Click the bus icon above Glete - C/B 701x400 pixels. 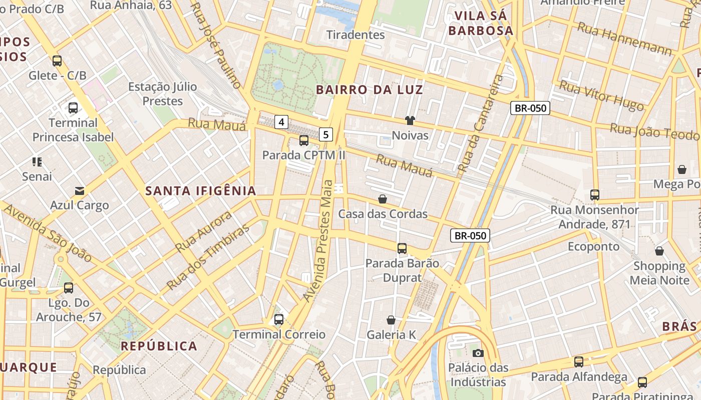click(x=57, y=61)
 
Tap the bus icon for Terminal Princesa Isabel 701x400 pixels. click(x=73, y=107)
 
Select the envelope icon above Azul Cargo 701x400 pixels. click(x=79, y=190)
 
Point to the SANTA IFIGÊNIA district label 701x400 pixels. click(x=201, y=190)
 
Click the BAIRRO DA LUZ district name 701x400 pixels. click(x=370, y=90)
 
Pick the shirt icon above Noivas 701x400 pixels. click(x=410, y=120)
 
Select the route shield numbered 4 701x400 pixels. click(x=282, y=121)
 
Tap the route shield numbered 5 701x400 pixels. click(x=326, y=134)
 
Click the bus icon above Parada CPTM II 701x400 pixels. click(x=304, y=140)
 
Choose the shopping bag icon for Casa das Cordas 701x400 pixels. click(x=383, y=199)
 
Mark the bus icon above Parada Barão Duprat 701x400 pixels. click(x=402, y=248)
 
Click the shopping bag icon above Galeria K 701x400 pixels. click(x=391, y=319)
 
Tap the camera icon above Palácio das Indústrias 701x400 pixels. click(x=478, y=353)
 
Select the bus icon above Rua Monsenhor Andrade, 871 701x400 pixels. click(x=595, y=195)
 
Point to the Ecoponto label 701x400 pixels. click(x=593, y=246)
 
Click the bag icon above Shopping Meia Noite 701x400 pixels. click(x=659, y=250)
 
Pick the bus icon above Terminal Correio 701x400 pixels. click(x=279, y=319)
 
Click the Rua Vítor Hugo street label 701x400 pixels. click(x=601, y=95)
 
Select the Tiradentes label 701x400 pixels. click(x=356, y=35)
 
